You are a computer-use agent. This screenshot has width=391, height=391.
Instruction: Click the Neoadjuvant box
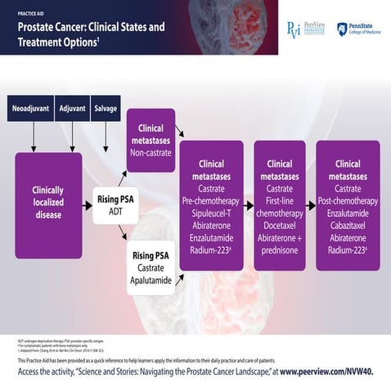click(31, 109)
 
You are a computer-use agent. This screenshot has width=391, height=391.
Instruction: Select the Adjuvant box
click(72, 109)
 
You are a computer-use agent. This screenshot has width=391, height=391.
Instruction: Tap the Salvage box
click(106, 109)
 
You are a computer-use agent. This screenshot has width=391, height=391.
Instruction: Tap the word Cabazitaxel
click(348, 223)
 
